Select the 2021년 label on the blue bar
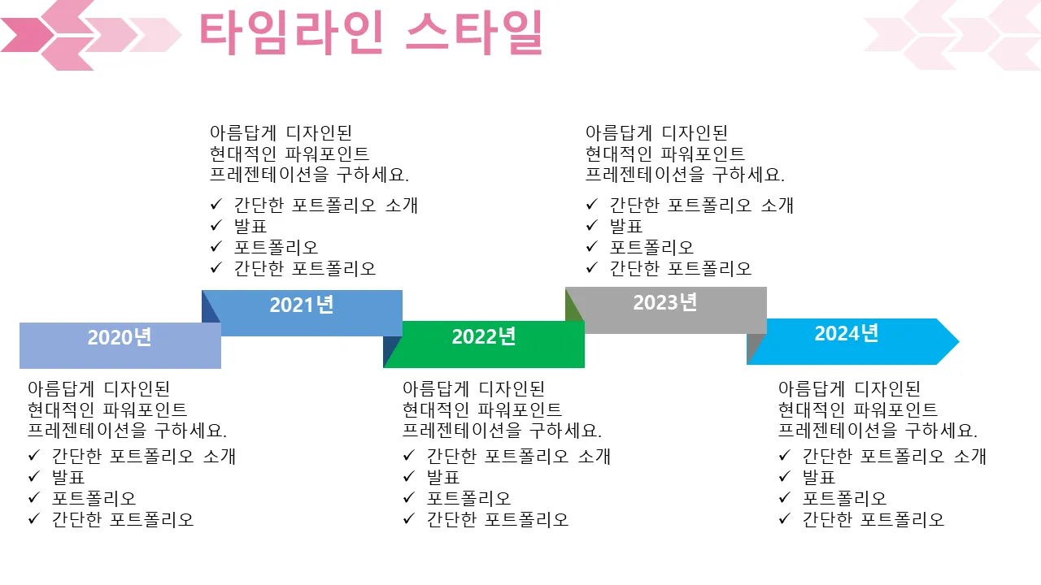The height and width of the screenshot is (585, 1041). [x=302, y=305]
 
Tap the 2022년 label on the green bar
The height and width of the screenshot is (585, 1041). [x=484, y=336]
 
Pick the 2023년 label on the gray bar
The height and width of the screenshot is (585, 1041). [x=665, y=302]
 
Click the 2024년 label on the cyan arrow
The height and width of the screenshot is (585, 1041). [x=847, y=333]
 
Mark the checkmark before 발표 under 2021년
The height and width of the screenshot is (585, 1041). [x=216, y=226]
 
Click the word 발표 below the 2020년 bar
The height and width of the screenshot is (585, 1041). [x=68, y=477]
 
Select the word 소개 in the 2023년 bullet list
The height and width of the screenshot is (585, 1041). [x=777, y=205]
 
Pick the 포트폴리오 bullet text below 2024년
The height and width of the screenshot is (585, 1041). [x=844, y=498]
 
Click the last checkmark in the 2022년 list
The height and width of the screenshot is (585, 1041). [x=409, y=519]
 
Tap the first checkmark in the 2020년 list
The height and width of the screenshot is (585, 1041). [x=34, y=456]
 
